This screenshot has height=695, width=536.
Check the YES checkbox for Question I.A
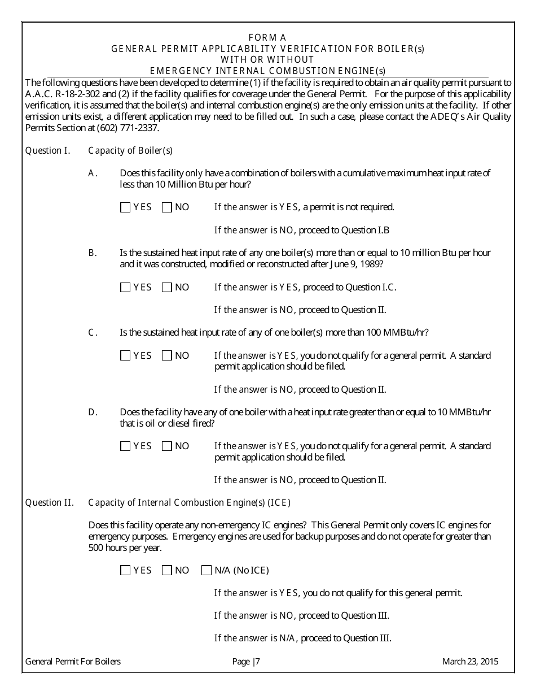(x=125, y=207)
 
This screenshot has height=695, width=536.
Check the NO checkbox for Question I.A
(x=166, y=207)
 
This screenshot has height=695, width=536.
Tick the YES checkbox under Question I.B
(x=125, y=288)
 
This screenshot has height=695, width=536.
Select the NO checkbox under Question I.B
(x=166, y=288)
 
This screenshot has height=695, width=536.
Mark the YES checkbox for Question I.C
(x=125, y=356)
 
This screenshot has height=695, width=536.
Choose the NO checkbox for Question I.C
(x=166, y=356)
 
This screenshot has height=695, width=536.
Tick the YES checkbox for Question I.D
(x=125, y=446)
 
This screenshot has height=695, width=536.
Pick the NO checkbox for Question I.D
(x=166, y=446)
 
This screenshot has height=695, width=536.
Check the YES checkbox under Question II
(x=125, y=571)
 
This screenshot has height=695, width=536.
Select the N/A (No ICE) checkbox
(x=206, y=571)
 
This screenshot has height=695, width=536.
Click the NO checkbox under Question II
(x=166, y=571)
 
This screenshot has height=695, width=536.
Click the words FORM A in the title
(x=267, y=38)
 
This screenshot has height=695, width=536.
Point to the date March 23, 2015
(x=470, y=662)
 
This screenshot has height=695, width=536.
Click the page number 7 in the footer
(x=258, y=662)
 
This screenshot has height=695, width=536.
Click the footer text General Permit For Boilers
(x=73, y=662)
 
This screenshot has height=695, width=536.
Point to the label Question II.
(x=50, y=503)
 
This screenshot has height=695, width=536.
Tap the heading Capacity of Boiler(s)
(x=130, y=151)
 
